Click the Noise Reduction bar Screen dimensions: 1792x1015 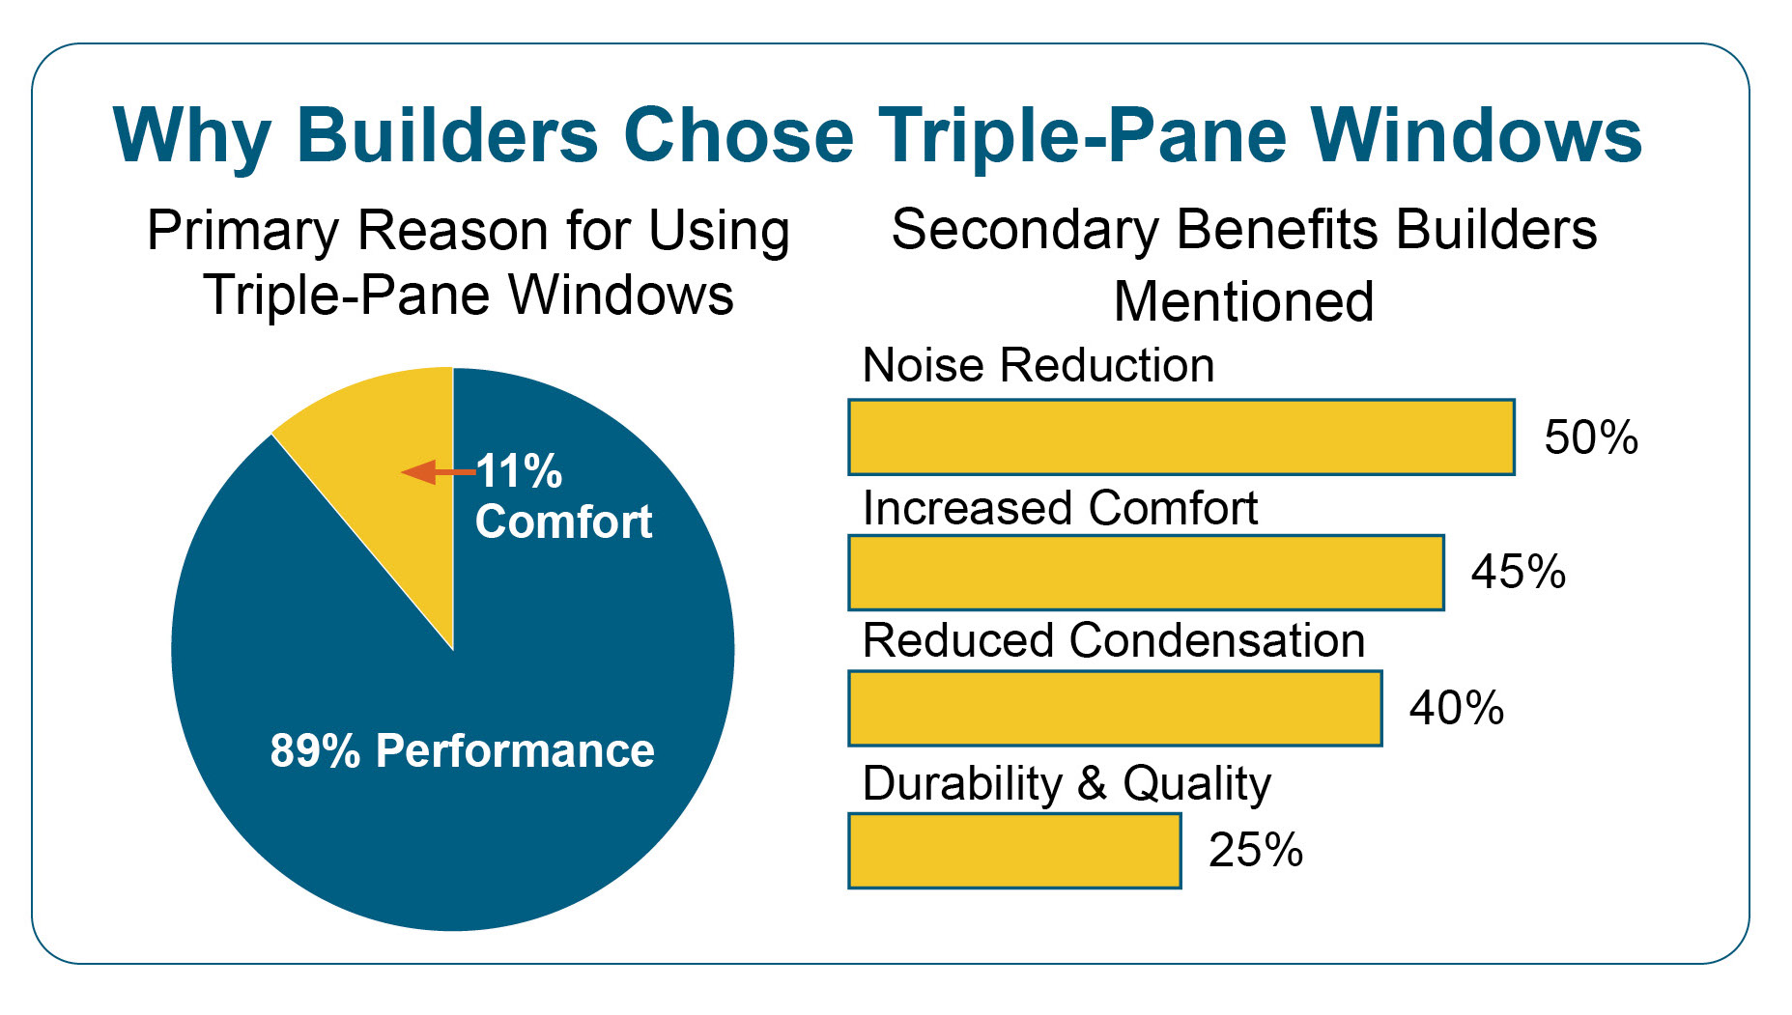pyautogui.click(x=1181, y=437)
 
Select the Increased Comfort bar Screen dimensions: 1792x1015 pyautogui.click(x=1147, y=573)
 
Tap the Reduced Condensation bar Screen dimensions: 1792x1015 pyautogui.click(x=1115, y=709)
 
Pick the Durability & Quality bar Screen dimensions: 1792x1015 pyautogui.click(x=1014, y=851)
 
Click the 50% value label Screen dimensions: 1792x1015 pyautogui.click(x=1591, y=437)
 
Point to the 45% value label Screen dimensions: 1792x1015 pyautogui.click(x=1519, y=572)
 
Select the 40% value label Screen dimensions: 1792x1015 pyautogui.click(x=1457, y=708)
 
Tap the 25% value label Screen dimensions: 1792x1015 pyautogui.click(x=1256, y=851)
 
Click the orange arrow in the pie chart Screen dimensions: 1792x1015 pyautogui.click(x=439, y=472)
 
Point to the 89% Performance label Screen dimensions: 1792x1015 pyautogui.click(x=462, y=750)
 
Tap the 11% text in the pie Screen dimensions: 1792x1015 pyautogui.click(x=519, y=471)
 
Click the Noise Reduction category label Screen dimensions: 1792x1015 pyautogui.click(x=1038, y=366)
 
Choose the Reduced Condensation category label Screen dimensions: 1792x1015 pyautogui.click(x=1114, y=640)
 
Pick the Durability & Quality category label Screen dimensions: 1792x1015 pyautogui.click(x=1067, y=784)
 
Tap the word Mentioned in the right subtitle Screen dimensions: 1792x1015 pyautogui.click(x=1244, y=301)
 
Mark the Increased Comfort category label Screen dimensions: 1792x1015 pyautogui.click(x=1060, y=508)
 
